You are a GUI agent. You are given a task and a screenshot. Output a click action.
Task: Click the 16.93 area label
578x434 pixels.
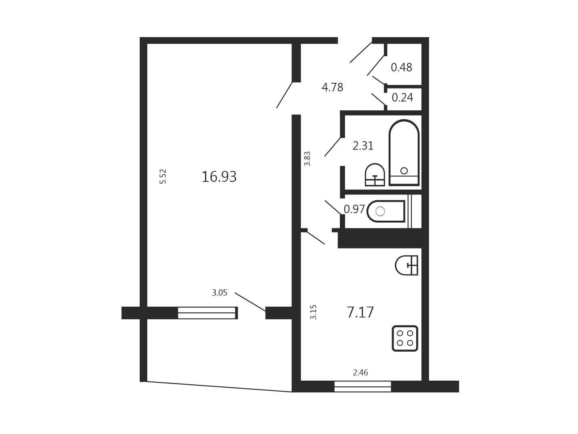click(x=219, y=177)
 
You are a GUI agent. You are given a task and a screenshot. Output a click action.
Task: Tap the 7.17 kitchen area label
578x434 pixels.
click(x=360, y=312)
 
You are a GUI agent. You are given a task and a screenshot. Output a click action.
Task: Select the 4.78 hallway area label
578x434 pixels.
click(x=332, y=87)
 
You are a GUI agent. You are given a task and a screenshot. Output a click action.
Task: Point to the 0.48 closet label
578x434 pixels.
click(x=401, y=67)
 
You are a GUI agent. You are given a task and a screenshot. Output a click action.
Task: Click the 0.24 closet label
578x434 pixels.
click(x=402, y=97)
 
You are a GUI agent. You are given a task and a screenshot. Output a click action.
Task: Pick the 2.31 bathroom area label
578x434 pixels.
click(x=363, y=146)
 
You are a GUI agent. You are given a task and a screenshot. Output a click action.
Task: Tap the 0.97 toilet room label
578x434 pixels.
click(x=354, y=209)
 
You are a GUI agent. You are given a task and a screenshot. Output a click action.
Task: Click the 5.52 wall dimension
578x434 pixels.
click(x=163, y=176)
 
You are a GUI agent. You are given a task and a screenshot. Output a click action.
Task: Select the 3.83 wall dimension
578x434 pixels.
click(x=307, y=159)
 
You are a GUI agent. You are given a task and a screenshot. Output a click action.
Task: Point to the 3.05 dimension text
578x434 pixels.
click(x=220, y=293)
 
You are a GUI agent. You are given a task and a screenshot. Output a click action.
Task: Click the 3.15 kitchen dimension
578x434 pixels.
click(x=313, y=312)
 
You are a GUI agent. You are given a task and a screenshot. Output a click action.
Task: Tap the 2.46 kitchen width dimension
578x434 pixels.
click(x=360, y=373)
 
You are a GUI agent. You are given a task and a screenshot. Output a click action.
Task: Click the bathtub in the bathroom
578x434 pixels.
click(x=404, y=153)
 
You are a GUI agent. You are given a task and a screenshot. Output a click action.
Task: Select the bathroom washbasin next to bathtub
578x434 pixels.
click(x=375, y=175)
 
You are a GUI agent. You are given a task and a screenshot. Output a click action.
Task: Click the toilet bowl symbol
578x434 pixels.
click(x=386, y=211)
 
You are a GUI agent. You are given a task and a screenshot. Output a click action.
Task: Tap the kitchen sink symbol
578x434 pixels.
click(x=406, y=265)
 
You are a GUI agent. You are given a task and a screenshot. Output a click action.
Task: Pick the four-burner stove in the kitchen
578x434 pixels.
click(x=405, y=338)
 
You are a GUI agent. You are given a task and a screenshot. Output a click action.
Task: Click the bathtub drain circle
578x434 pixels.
click(x=404, y=171)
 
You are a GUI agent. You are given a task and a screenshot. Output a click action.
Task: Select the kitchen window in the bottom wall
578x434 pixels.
click(x=362, y=386)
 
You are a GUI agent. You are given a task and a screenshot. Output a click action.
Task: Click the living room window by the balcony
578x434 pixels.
click(x=207, y=313)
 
